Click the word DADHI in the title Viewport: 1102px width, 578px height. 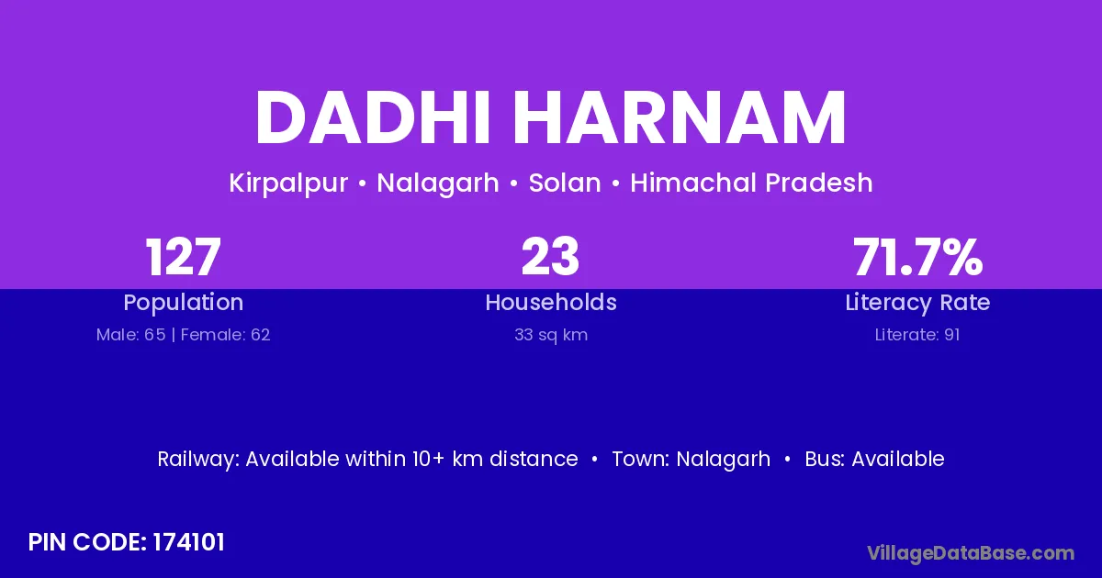coord(373,117)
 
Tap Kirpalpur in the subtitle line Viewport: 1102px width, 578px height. coord(288,183)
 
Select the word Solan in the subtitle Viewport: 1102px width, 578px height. coord(565,183)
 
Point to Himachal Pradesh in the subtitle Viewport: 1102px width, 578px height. coord(752,183)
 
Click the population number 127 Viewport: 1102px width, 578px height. coord(183,257)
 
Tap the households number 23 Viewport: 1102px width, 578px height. coord(550,257)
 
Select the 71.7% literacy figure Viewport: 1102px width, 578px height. coord(918,257)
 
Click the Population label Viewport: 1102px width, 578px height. coord(184,303)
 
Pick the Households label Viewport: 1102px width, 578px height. coord(551,302)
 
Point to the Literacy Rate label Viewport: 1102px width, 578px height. coord(917,303)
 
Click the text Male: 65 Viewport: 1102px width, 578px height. coord(130,335)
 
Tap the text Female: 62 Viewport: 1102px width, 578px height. coord(225,335)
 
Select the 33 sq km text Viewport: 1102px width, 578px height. coord(551,335)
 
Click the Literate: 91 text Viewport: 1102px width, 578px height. coord(917,335)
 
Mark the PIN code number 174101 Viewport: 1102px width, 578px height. coord(189,542)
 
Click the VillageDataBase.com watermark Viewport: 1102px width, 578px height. coord(971,553)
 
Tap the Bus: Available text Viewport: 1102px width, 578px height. coord(874,459)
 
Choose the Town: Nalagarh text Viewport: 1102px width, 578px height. coord(692,460)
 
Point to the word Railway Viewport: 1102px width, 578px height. coord(198,460)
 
